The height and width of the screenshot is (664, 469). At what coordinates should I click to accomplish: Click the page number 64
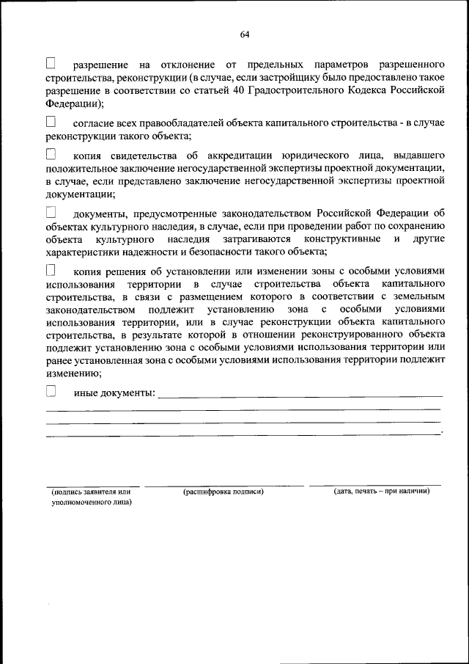coord(244,34)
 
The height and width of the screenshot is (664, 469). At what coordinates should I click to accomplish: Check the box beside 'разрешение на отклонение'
coord(51,64)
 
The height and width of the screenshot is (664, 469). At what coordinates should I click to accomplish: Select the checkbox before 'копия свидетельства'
coord(51,155)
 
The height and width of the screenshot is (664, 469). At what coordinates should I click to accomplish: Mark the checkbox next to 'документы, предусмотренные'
coord(51,212)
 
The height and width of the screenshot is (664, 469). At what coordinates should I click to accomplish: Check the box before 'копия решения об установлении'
coord(51,269)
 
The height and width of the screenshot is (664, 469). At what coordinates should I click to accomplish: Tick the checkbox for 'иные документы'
coord(51,392)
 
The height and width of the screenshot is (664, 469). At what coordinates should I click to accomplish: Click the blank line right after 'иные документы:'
coord(300,394)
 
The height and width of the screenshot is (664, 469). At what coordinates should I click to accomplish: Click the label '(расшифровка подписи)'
coord(224,492)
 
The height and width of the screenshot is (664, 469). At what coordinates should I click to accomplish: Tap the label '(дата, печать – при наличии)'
coord(381,491)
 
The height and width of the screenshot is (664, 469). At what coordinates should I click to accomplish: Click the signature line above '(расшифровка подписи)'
coord(224,485)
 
